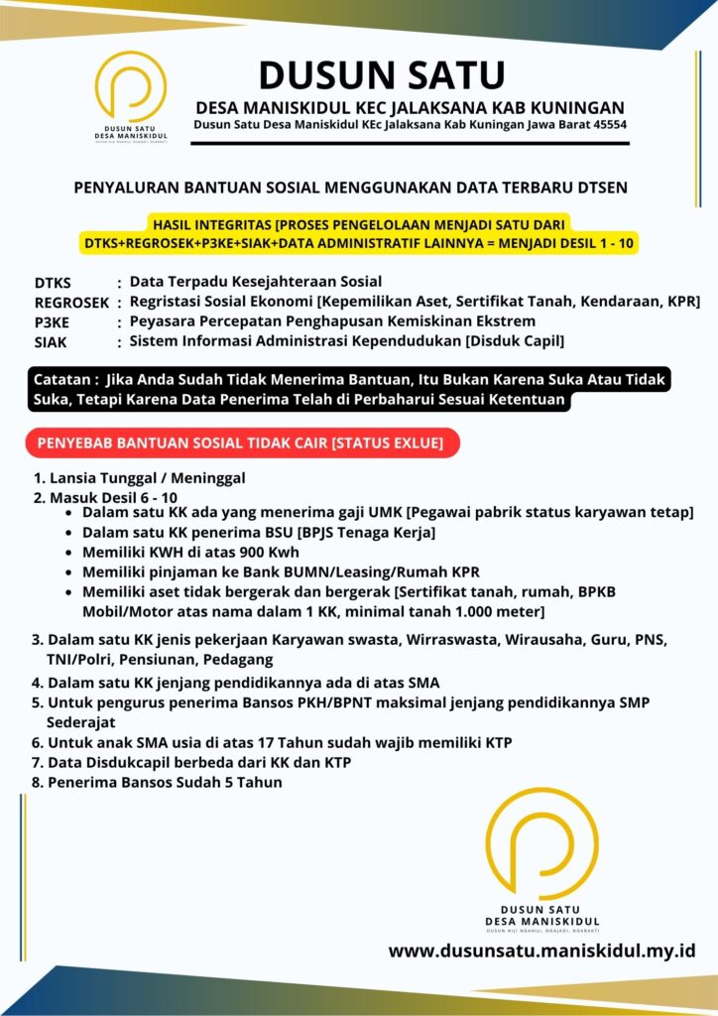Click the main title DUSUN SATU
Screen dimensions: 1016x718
click(x=382, y=74)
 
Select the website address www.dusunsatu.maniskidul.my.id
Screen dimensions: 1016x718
click(x=541, y=951)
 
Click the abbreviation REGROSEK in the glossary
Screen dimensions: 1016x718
click(x=71, y=303)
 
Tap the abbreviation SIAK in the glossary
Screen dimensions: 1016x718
click(x=53, y=342)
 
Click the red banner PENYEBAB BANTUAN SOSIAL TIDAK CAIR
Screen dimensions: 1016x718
click(x=240, y=443)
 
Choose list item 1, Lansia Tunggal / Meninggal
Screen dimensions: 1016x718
click(x=140, y=478)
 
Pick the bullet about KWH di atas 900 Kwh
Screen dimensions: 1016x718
click(x=190, y=553)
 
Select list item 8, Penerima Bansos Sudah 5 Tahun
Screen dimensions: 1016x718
click(x=157, y=782)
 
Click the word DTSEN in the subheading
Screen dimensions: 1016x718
click(x=599, y=186)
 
